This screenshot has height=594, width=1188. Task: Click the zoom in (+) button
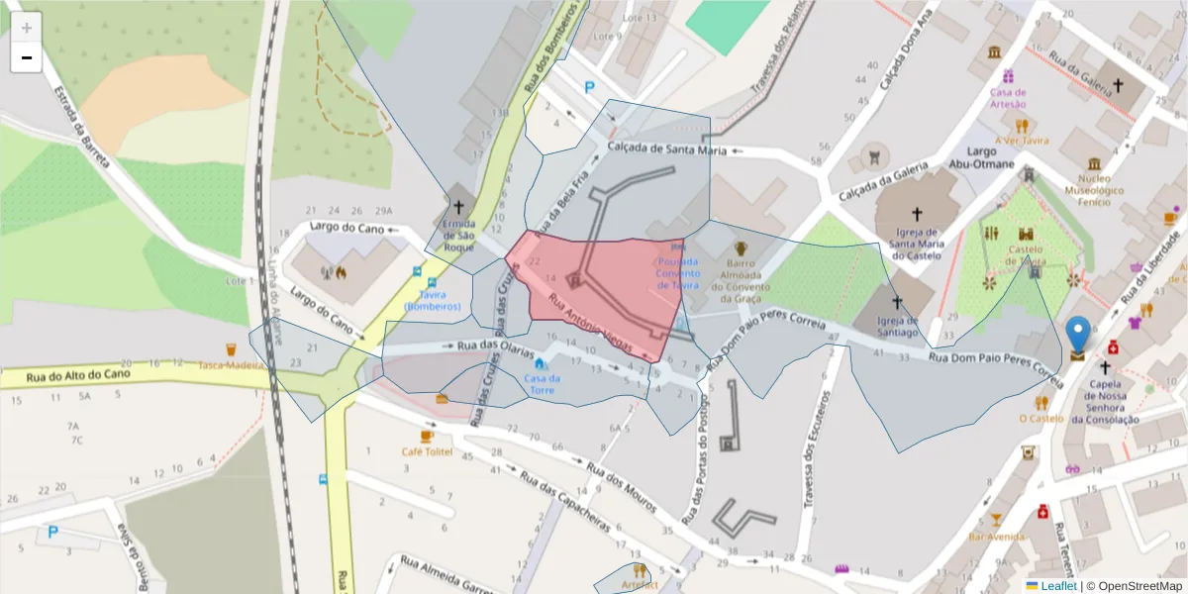pyautogui.click(x=27, y=28)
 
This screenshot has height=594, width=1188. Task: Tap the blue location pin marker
pyautogui.click(x=1077, y=335)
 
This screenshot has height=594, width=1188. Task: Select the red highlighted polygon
pyautogui.click(x=604, y=287)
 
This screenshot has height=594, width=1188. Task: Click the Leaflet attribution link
pyautogui.click(x=1057, y=585)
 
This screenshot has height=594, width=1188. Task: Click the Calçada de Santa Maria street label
pyautogui.click(x=666, y=149)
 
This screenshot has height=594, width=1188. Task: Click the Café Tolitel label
pyautogui.click(x=427, y=451)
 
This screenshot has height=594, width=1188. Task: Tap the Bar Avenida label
pyautogui.click(x=995, y=536)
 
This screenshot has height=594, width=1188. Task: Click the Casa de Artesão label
pyautogui.click(x=1008, y=97)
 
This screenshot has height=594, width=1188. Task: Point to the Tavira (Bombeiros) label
pyautogui.click(x=433, y=301)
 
